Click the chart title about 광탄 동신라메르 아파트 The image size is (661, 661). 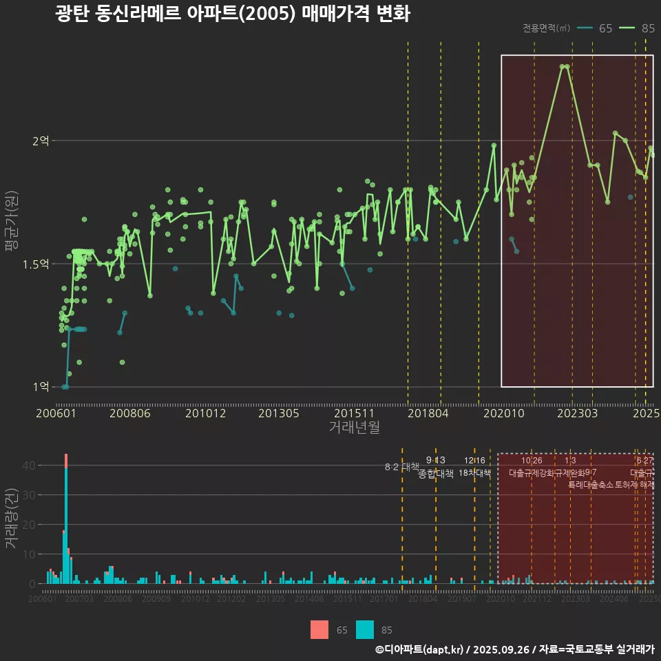[x=233, y=14]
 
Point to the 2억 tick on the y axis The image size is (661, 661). [x=41, y=140]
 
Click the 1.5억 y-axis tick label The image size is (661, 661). [x=36, y=264]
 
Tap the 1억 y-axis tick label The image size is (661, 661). [x=41, y=387]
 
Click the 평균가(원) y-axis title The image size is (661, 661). [x=12, y=224]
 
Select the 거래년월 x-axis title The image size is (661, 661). [x=354, y=427]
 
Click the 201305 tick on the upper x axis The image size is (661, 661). [x=278, y=413]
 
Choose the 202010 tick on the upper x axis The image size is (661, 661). [x=502, y=413]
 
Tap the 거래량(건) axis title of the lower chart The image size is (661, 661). [x=12, y=518]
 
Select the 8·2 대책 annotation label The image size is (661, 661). [x=401, y=467]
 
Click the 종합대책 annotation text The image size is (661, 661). [x=435, y=474]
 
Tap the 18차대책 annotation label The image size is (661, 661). [x=474, y=473]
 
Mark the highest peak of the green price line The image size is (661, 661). [x=564, y=66]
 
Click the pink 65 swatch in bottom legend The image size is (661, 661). [x=319, y=629]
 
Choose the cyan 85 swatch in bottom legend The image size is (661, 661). [x=365, y=629]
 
